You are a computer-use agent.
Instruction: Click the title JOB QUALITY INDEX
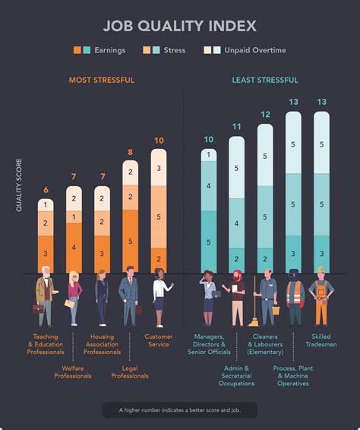tap(179, 26)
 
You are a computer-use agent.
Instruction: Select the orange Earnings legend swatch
tap(77, 51)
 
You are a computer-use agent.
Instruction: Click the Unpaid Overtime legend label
tap(254, 51)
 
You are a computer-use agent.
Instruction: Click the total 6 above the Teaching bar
tap(46, 190)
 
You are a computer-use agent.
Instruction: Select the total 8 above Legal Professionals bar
tap(130, 152)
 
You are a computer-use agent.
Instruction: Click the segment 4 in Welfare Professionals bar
tap(74, 247)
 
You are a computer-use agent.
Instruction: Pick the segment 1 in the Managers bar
tap(208, 155)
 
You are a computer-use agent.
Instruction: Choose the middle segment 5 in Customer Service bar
tap(158, 217)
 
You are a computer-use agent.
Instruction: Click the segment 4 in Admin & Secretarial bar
tap(236, 223)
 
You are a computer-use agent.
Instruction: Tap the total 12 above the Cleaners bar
tap(264, 115)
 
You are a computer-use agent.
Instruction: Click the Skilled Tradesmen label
tap(321, 340)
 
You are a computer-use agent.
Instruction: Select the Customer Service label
tap(158, 340)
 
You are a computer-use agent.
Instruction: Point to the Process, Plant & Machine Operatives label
tap(293, 375)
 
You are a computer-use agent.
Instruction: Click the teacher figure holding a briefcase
tap(44, 299)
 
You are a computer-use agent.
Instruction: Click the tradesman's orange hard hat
tap(321, 270)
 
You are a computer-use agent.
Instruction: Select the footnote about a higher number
tap(179, 409)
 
